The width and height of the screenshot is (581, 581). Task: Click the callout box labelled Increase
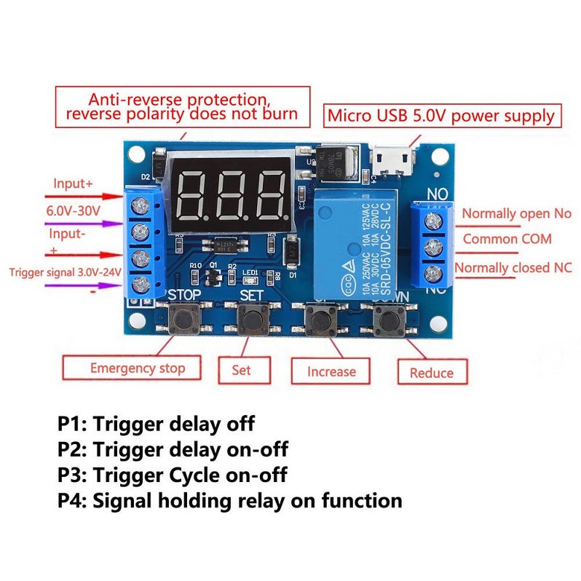click(331, 371)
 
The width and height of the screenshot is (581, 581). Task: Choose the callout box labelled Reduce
click(432, 372)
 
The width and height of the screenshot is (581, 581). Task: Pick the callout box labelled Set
click(241, 369)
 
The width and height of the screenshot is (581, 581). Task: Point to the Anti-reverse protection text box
click(182, 106)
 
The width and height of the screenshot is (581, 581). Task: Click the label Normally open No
click(517, 213)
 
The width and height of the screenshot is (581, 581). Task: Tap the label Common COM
click(507, 239)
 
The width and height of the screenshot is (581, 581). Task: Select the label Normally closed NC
click(513, 267)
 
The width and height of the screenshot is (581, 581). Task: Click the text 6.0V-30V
click(75, 210)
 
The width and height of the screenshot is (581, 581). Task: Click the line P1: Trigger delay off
click(157, 423)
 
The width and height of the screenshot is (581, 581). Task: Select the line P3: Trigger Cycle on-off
click(173, 475)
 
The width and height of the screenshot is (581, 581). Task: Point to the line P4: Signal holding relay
click(230, 500)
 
